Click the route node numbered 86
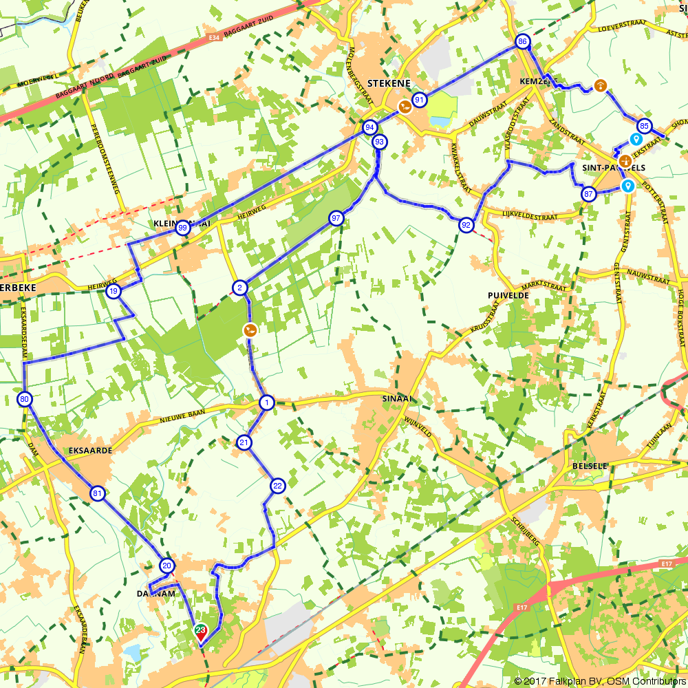coord(522,42)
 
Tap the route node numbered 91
coord(419,100)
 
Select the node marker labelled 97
coord(336,218)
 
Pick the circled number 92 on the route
coord(466,225)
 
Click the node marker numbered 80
coord(25,399)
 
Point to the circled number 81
coord(97,493)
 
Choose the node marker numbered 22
coord(277,486)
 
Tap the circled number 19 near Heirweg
coord(114,292)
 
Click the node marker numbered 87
coord(588,194)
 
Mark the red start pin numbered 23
coord(201,632)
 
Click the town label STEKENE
coord(389,83)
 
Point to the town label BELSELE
coord(590,466)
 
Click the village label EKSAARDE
coord(90,451)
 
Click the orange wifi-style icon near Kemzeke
coord(601,85)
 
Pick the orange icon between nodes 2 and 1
coord(250,330)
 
